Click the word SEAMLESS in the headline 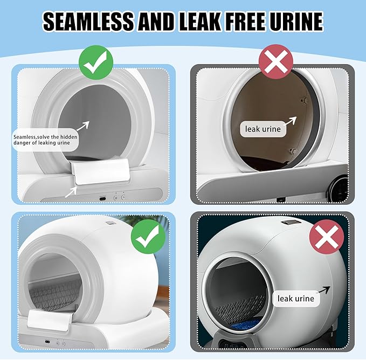tap(88, 21)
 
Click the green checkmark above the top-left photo tap(96, 63)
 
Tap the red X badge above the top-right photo tap(275, 62)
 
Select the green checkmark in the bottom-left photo tap(148, 237)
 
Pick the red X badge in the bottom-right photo tap(327, 237)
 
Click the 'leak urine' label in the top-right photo tap(263, 129)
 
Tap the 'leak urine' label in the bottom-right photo tap(296, 299)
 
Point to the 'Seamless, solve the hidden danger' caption tap(45, 140)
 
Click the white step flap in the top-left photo tap(101, 171)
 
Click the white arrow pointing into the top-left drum tap(82, 126)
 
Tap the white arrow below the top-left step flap tap(71, 192)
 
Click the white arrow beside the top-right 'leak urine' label tap(290, 121)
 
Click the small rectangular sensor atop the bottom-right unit tap(289, 223)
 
